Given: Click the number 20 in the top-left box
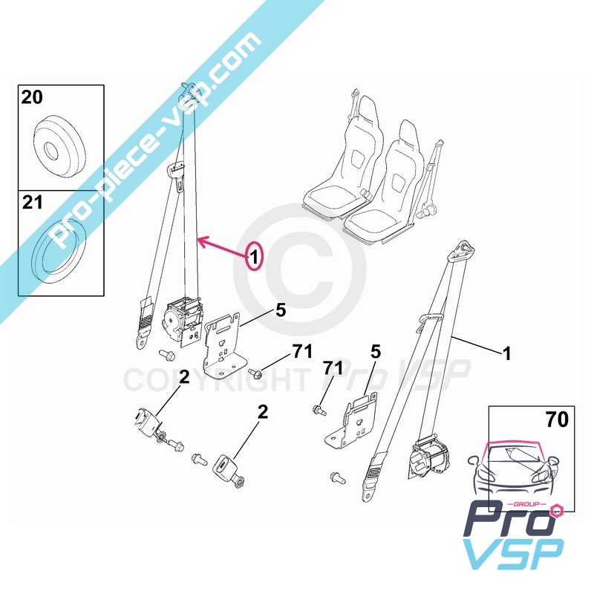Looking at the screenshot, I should [x=32, y=97].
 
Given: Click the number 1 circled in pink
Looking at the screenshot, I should [x=254, y=258].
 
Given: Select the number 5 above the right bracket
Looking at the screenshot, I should [x=375, y=353].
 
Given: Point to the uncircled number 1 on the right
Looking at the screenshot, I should [x=506, y=355].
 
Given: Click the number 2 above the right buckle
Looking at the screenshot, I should [x=262, y=412].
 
